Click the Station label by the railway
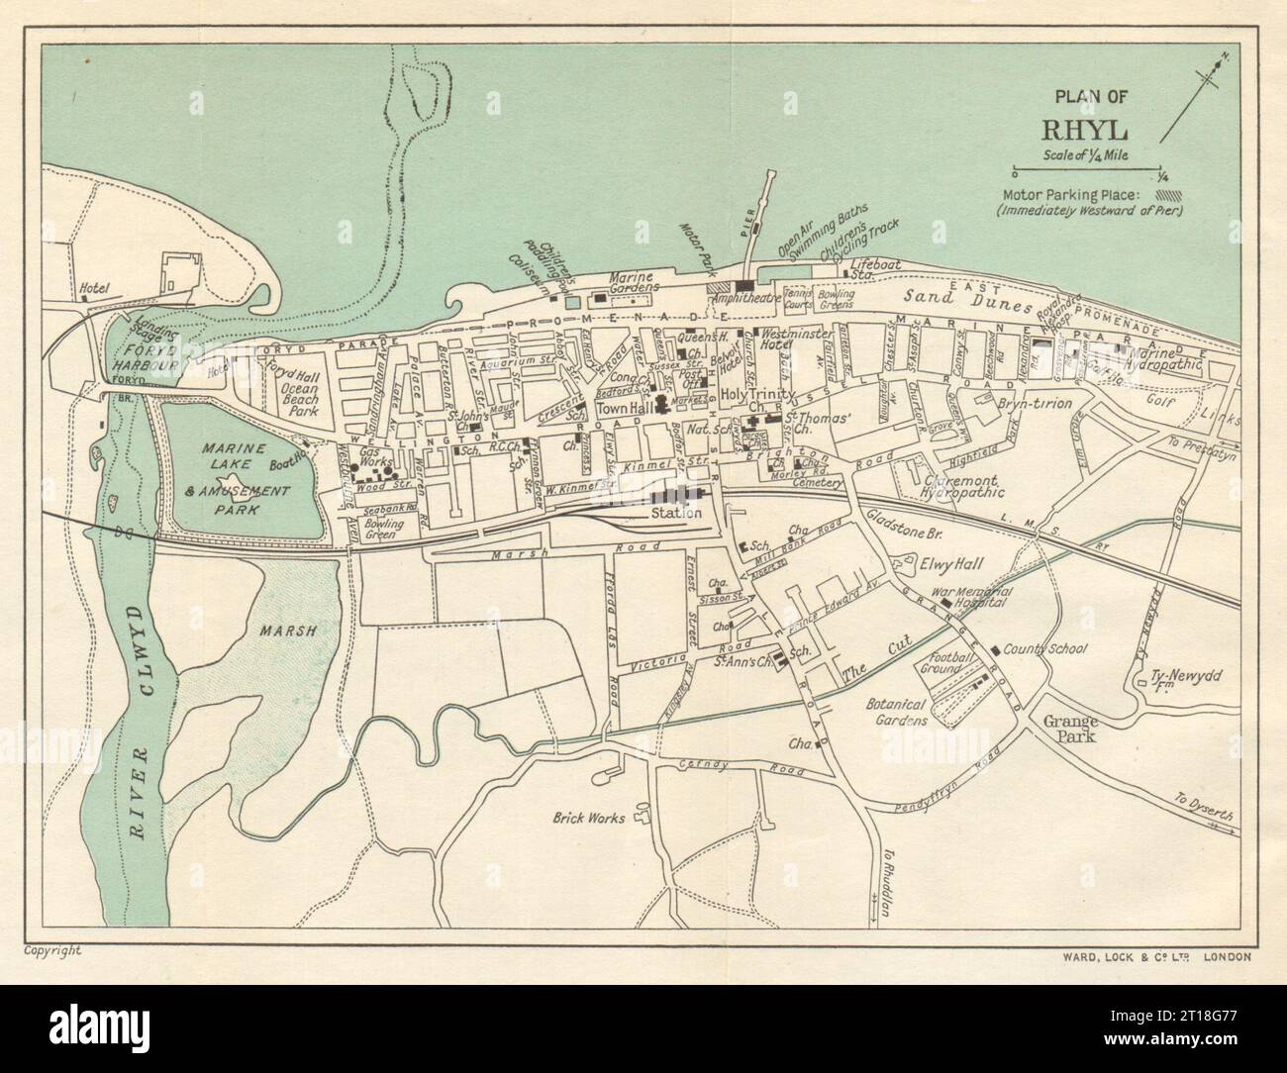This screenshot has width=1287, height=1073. point(676,513)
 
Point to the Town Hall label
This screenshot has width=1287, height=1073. point(621,409)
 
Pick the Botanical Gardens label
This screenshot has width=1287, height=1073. point(896,711)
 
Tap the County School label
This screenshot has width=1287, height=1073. point(1045,650)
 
